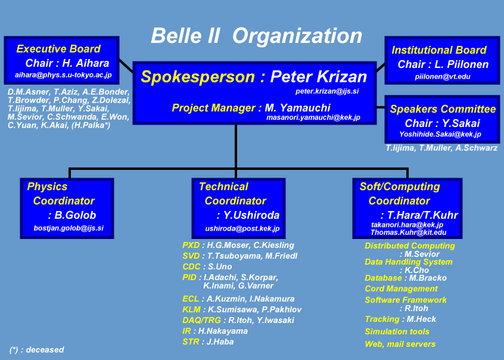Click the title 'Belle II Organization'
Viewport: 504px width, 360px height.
tap(257, 35)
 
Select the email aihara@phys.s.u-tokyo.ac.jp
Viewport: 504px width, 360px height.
tap(63, 75)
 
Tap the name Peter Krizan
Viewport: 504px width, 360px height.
tap(319, 76)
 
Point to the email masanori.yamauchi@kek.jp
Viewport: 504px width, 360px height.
tap(313, 117)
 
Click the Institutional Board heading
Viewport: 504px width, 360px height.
tap(439, 50)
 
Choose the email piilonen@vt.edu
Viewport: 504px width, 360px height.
tap(443, 76)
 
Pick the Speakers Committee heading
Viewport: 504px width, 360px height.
tap(443, 108)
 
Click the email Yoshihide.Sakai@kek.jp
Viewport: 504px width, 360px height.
tap(440, 134)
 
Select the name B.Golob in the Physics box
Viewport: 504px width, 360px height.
tap(75, 215)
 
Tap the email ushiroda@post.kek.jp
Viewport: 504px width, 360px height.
tap(242, 229)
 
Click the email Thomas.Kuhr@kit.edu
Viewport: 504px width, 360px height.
tap(409, 232)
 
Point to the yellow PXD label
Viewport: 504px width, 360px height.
tap(191, 245)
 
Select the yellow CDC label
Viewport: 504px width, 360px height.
tap(192, 266)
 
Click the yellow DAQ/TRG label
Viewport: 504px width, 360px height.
tap(201, 320)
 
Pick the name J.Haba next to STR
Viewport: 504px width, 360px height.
tap(220, 342)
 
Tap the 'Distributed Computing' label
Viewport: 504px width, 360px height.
tap(410, 246)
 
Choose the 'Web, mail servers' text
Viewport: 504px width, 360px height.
tap(400, 345)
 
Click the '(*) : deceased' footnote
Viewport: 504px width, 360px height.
tap(37, 350)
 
